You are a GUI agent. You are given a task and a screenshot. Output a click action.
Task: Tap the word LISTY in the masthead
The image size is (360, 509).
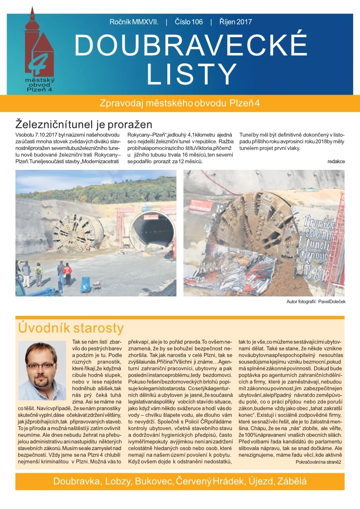pyautogui.click(x=192, y=74)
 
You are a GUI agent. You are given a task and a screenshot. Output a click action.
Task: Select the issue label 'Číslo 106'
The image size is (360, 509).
pyautogui.click(x=189, y=22)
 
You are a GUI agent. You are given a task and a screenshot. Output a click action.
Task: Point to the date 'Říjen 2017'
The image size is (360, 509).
pyautogui.click(x=235, y=22)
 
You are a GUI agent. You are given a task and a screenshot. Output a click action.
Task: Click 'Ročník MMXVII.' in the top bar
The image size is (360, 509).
pyautogui.click(x=134, y=22)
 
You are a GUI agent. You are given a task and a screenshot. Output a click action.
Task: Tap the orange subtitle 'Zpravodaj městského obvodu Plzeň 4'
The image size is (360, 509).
pyautogui.click(x=180, y=103)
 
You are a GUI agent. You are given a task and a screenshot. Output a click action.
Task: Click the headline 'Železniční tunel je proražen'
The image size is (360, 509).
pyautogui.click(x=84, y=124)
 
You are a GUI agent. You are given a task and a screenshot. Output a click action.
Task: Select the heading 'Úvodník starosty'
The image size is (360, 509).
pyautogui.click(x=70, y=328)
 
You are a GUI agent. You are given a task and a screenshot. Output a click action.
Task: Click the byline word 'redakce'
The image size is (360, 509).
pyautogui.click(x=336, y=161)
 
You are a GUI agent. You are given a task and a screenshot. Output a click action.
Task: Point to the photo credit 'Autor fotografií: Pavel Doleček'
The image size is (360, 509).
pyautogui.click(x=316, y=302)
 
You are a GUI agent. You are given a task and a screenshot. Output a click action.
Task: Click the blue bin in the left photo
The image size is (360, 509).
pyautogui.click(x=85, y=285)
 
